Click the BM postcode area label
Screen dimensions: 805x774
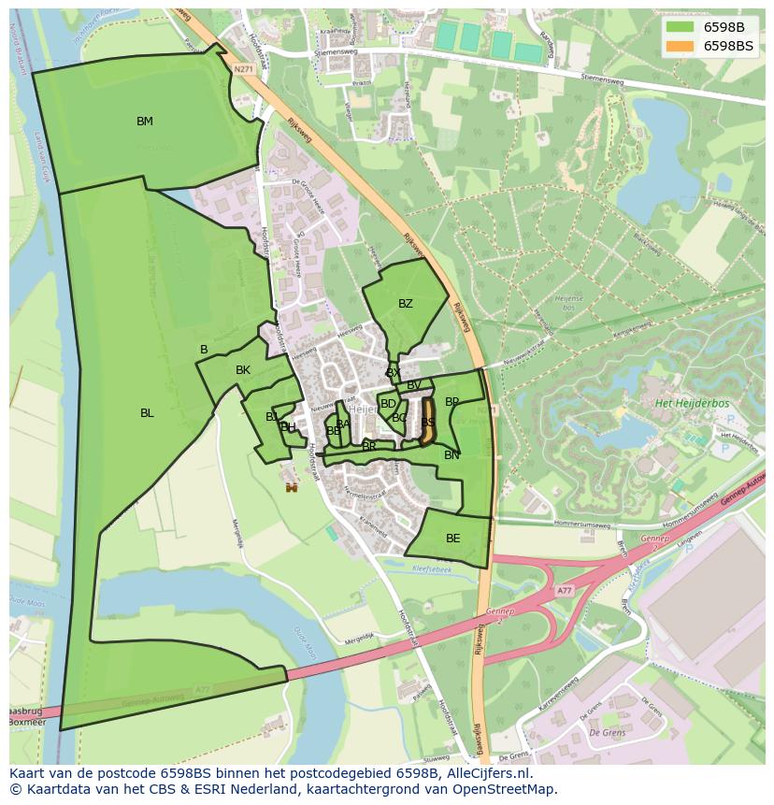coord(144,122)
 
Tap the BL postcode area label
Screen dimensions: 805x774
coord(147,413)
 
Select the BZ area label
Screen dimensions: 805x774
coord(405,304)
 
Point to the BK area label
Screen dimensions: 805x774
coord(243,370)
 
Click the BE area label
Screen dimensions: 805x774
coord(452,539)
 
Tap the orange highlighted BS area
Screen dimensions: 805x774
coord(428,423)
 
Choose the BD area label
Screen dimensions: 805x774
coord(387,404)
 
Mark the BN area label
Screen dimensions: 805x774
coord(451,455)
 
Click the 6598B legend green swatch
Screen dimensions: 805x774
coord(679,27)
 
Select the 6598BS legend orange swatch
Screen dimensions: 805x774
coord(679,46)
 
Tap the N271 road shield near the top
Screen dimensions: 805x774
coord(244,68)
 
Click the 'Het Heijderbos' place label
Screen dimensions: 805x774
coord(693,403)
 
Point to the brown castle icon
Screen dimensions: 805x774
coord(292,486)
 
